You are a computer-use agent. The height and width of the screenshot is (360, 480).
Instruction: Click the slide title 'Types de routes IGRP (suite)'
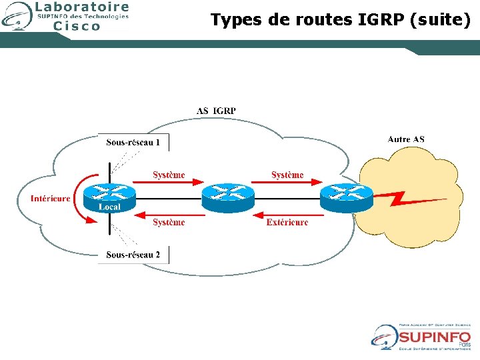click(340, 20)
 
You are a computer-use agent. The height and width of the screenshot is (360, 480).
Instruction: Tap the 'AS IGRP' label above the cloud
click(216, 111)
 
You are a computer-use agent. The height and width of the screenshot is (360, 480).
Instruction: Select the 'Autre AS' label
click(406, 139)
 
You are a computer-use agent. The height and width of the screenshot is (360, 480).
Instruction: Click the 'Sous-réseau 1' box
click(133, 142)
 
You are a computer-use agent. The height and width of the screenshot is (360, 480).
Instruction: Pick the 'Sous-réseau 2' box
click(133, 255)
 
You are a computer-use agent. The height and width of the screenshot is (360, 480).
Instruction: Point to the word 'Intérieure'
click(51, 199)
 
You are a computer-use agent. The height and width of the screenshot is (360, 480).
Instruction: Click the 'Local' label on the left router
click(109, 207)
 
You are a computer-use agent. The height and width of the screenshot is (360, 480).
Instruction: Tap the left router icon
click(109, 194)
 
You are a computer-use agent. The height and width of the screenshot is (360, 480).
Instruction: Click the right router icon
click(345, 195)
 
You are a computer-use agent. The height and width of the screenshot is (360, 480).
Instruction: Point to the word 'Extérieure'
click(287, 222)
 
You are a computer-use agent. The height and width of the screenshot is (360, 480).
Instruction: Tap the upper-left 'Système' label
click(169, 175)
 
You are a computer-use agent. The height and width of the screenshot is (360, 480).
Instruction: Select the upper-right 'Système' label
click(287, 175)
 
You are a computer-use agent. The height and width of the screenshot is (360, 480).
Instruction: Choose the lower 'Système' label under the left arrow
click(169, 222)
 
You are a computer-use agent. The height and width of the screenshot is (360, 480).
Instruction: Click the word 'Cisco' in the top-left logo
click(77, 26)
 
